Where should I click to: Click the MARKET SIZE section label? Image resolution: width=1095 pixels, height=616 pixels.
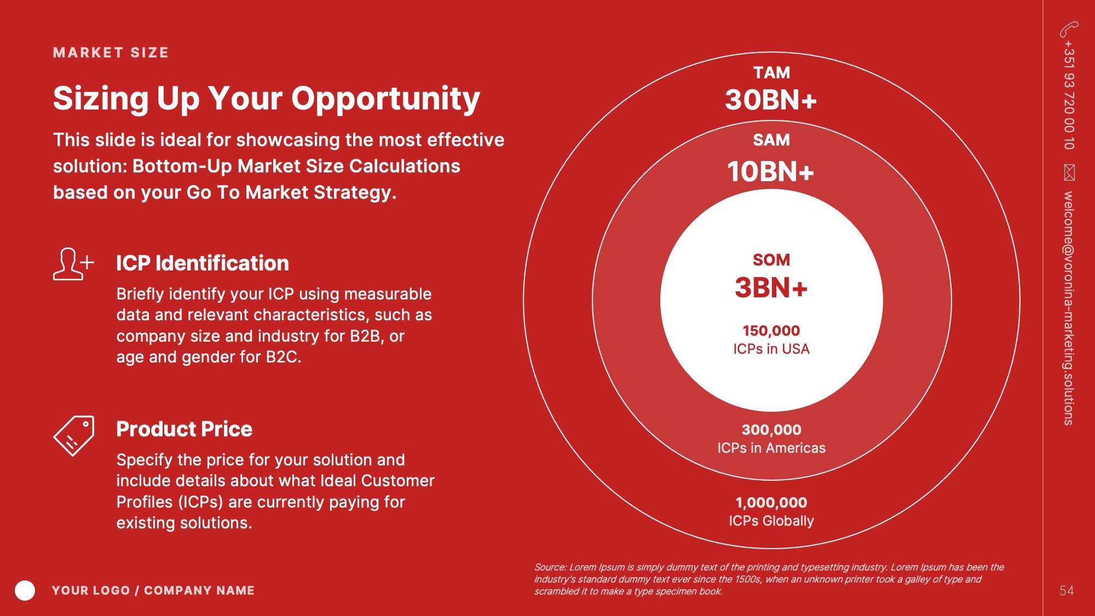[111, 53]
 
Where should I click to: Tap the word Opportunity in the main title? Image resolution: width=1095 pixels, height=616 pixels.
[385, 100]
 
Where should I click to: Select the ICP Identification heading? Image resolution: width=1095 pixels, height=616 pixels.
[203, 263]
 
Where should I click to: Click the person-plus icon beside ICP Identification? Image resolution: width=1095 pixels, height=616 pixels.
[73, 264]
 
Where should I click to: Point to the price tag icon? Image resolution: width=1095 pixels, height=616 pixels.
[74, 436]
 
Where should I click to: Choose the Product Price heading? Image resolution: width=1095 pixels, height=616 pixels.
[184, 429]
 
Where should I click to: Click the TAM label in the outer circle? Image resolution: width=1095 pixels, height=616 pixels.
[771, 73]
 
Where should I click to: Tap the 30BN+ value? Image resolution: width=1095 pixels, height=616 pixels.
[771, 100]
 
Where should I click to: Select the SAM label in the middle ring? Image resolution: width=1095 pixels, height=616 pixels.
[771, 140]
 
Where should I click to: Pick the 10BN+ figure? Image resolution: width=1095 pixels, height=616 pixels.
[771, 171]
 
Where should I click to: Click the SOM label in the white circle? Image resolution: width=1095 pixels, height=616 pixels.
[771, 260]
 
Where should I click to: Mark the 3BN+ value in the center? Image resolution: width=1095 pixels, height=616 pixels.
[771, 288]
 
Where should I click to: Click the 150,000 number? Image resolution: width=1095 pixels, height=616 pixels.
[771, 331]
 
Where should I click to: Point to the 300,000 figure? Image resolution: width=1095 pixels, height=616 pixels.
[771, 430]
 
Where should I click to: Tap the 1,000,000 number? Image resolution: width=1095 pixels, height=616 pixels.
[771, 503]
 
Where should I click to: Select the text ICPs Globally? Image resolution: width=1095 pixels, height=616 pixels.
[771, 521]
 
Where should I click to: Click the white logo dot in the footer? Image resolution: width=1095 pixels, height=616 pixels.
[25, 590]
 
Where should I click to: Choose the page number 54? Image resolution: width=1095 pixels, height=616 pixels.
[1067, 591]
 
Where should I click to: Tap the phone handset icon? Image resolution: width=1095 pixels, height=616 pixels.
[1069, 29]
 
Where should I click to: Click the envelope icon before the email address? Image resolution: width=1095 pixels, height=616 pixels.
[1069, 172]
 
